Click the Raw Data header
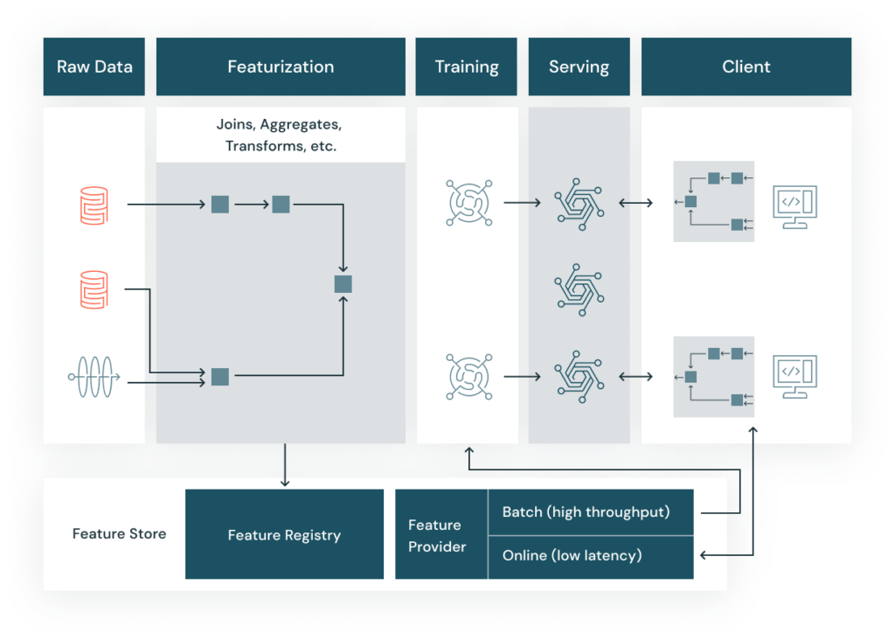[94, 66]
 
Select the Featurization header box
[281, 66]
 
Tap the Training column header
[467, 66]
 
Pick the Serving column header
[579, 66]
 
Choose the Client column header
[746, 66]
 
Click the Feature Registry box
[284, 535]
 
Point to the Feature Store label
[119, 533]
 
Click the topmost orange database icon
[94, 205]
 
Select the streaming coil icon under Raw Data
[94, 378]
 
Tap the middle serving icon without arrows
[579, 289]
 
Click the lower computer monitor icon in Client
[795, 377]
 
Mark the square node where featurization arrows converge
[343, 284]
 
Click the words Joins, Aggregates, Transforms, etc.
[281, 136]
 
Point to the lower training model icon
[467, 377]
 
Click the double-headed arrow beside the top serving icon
[635, 204]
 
